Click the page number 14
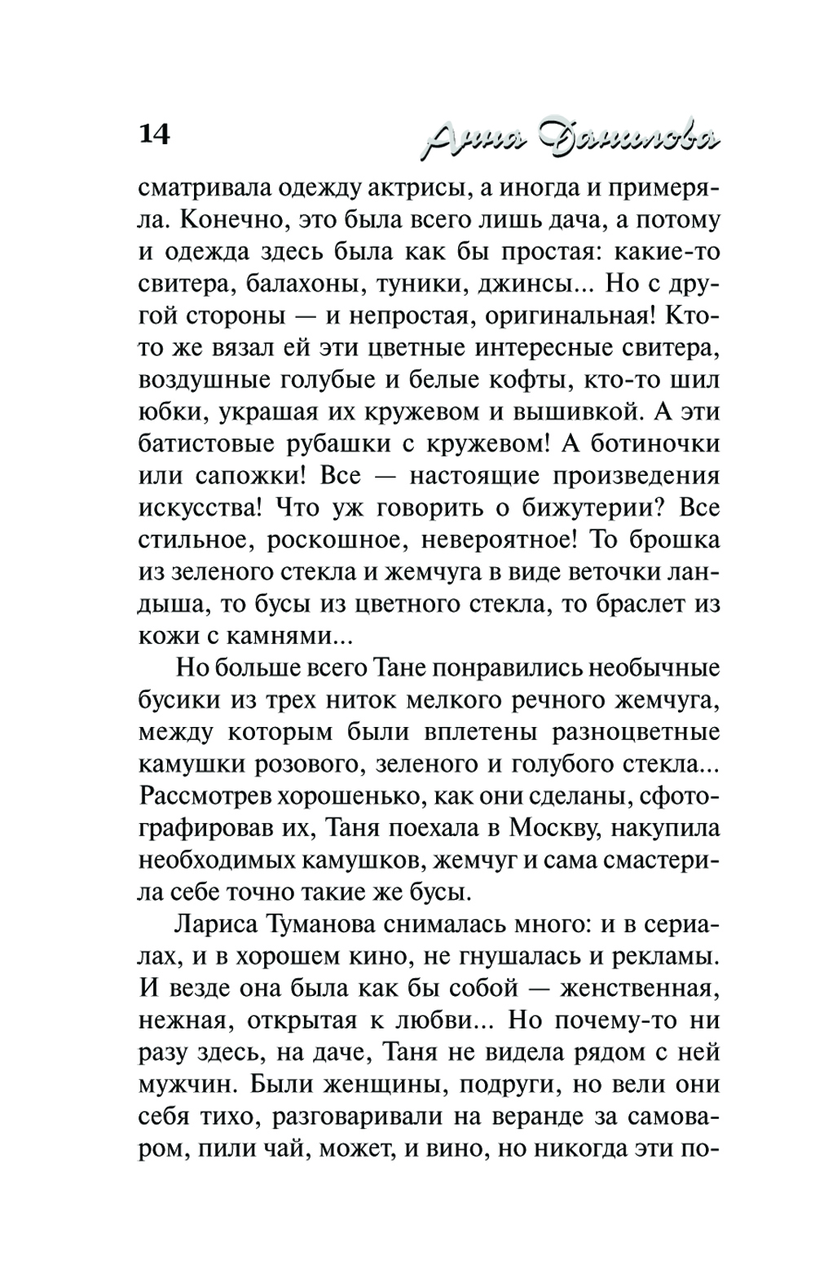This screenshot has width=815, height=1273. [x=155, y=134]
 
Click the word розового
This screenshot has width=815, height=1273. [x=281, y=764]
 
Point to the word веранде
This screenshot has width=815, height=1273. [x=541, y=1117]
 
